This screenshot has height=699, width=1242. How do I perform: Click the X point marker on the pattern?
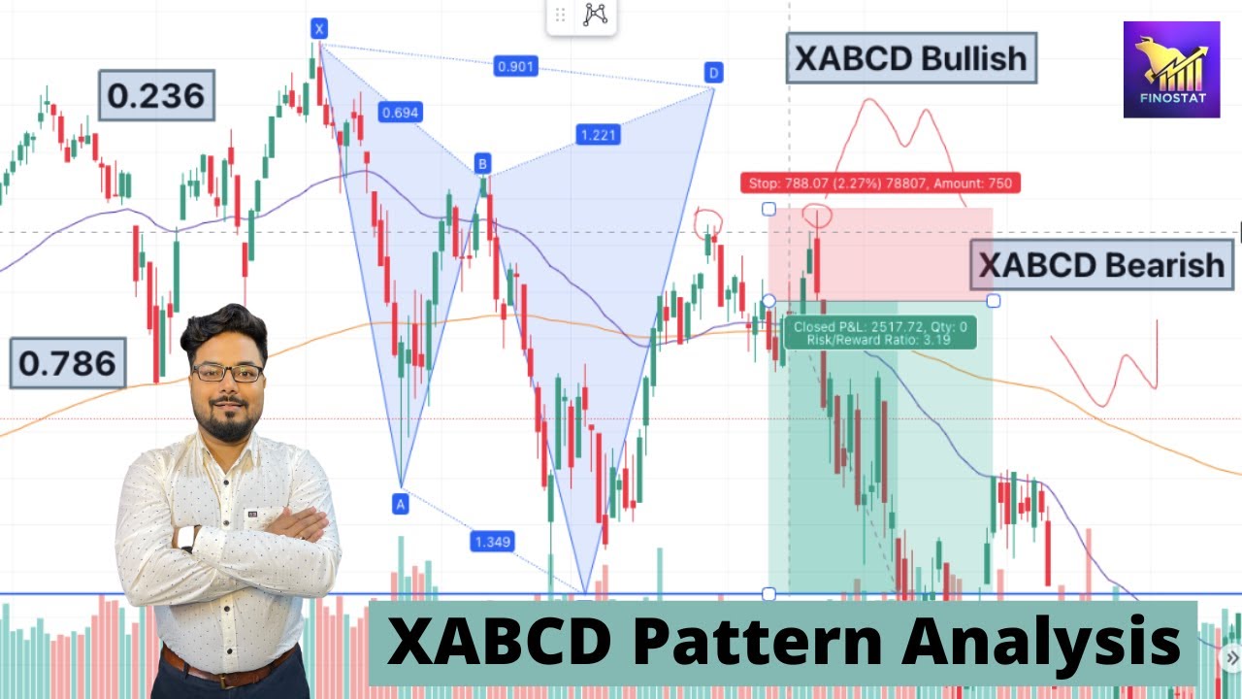tap(319, 29)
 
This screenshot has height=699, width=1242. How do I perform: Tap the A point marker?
tap(400, 503)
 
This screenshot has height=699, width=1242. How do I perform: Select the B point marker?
tap(482, 162)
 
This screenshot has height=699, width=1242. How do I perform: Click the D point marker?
tap(713, 73)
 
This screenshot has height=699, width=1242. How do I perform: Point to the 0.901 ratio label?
tap(515, 67)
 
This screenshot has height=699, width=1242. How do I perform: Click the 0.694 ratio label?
tap(400, 113)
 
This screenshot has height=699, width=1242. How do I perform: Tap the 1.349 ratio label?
tap(492, 541)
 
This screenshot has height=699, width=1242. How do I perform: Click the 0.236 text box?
tap(156, 95)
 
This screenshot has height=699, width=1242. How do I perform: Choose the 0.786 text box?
tap(68, 363)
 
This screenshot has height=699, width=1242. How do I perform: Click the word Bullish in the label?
tap(973, 58)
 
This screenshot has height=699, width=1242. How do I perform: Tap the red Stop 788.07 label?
tap(880, 183)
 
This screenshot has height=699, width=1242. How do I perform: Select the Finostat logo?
tap(1171, 70)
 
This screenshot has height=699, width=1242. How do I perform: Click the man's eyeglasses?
tap(227, 372)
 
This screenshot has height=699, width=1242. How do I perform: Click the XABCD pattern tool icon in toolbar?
tap(595, 15)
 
